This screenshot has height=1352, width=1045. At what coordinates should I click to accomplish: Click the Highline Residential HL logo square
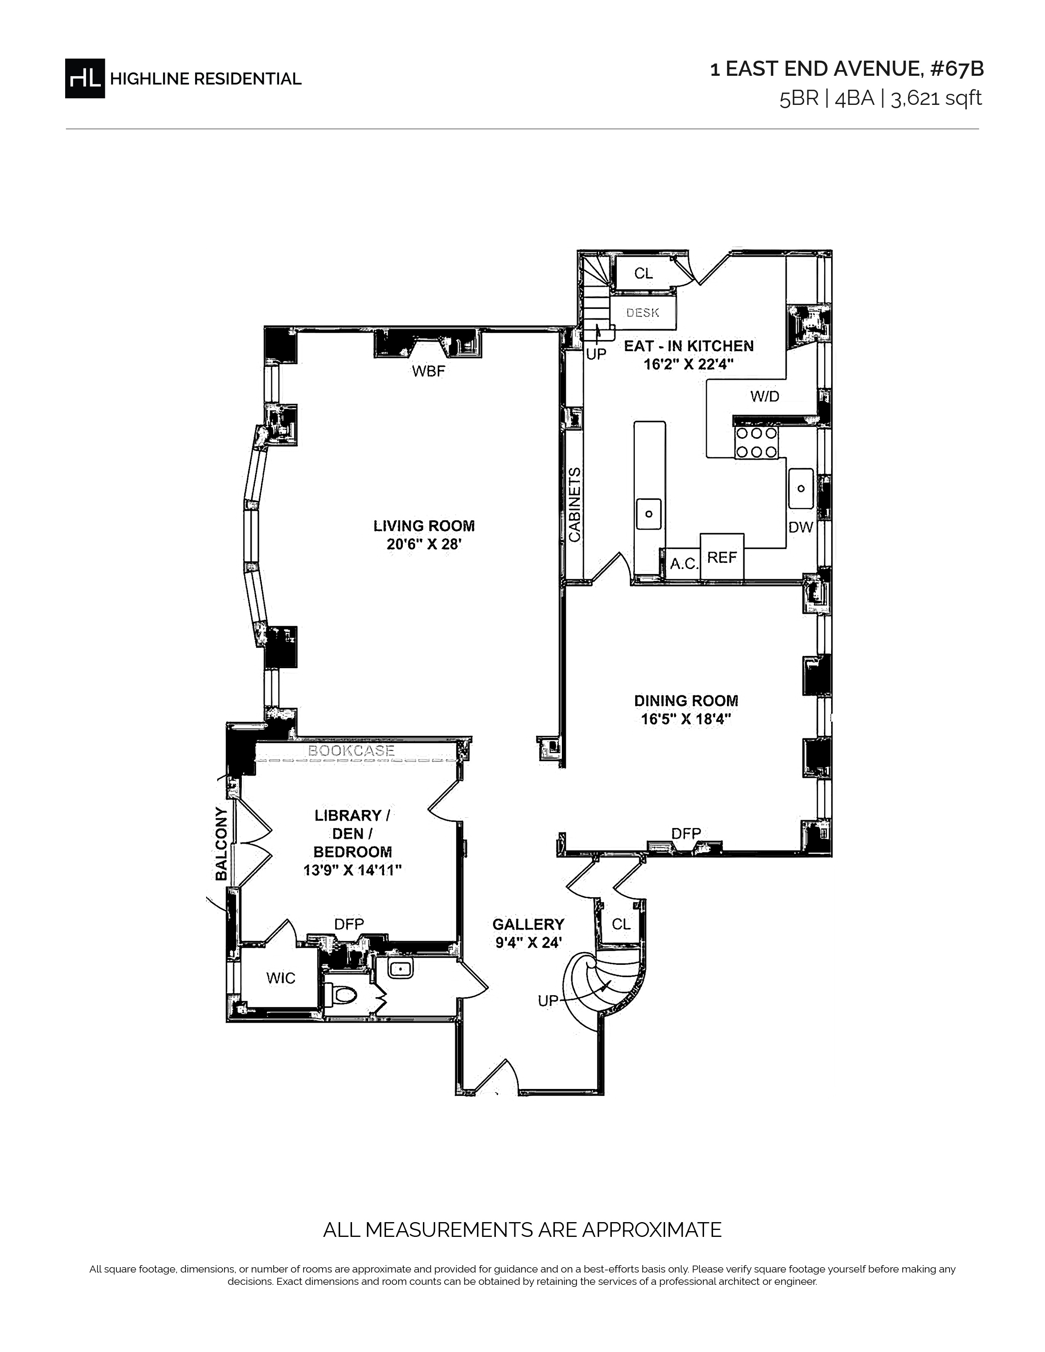[85, 79]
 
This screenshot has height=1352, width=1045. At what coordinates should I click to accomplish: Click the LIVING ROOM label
[424, 526]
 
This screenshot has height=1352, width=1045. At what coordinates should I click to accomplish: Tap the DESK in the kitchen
[643, 313]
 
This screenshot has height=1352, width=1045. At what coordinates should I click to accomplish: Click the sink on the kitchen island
[649, 514]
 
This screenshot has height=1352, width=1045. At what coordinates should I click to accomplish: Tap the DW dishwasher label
[800, 527]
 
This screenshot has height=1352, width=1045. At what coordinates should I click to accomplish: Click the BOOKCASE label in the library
[351, 751]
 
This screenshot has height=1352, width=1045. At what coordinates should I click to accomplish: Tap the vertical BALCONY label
[221, 843]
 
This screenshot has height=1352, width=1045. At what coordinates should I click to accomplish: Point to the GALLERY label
[528, 924]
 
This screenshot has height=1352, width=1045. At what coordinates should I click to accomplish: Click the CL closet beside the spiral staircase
[621, 924]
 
